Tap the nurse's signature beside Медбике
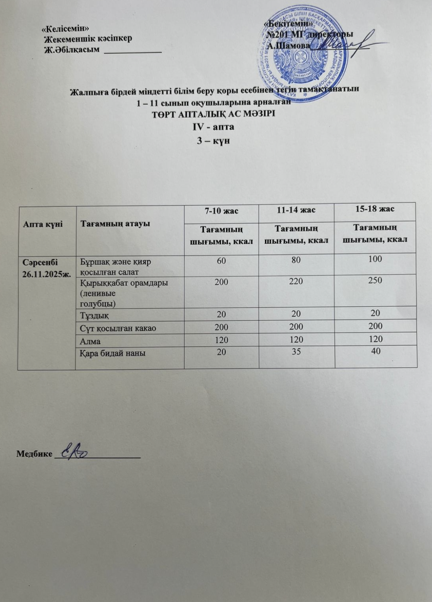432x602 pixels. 77,452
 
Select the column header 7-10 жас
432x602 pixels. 221,211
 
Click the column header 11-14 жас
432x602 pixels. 296,210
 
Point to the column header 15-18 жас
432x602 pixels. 375,209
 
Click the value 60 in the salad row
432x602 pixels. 221,261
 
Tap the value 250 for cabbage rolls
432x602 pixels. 375,280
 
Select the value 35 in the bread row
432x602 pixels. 296,352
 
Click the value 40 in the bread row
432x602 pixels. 375,351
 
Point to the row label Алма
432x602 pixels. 90,341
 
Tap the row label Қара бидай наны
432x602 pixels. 113,353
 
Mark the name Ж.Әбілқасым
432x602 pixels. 72,49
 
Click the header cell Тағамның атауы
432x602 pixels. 115,224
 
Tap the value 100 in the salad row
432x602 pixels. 375,259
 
